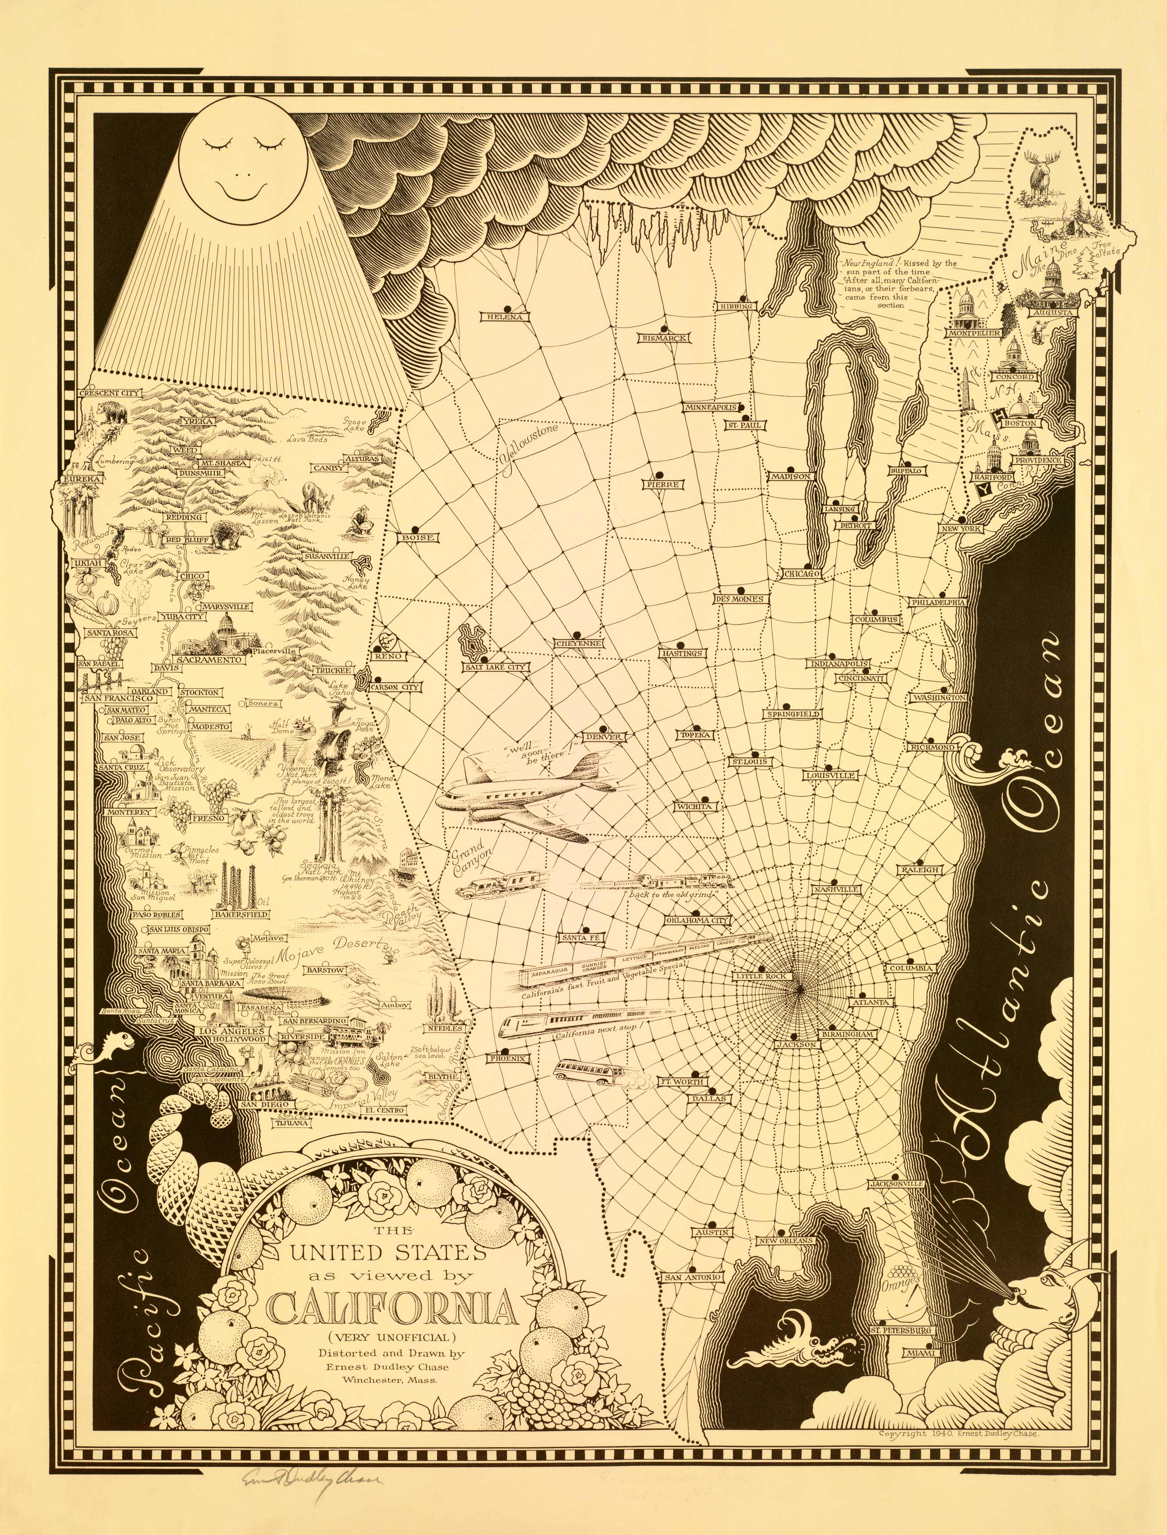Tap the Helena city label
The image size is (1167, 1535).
point(504,317)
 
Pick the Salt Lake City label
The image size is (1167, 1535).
point(496,667)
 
